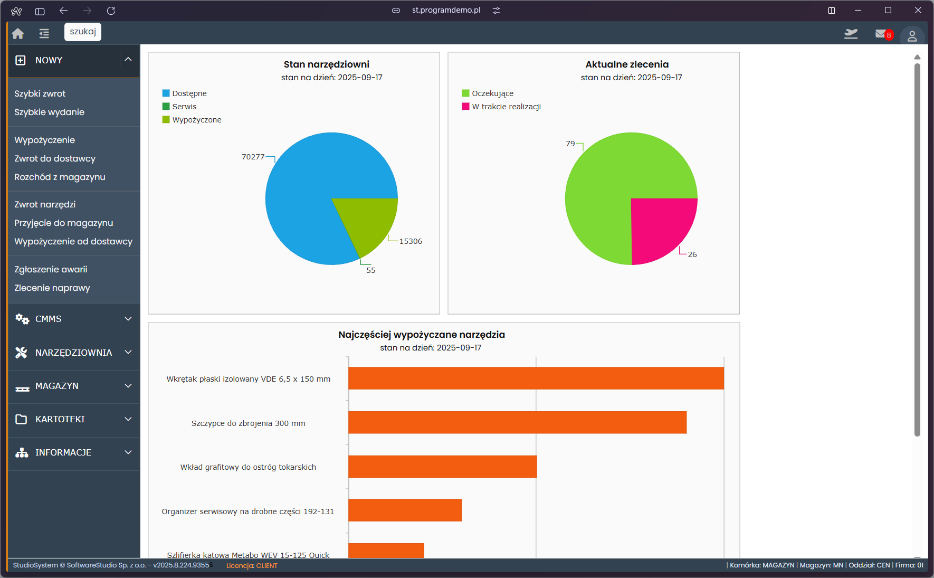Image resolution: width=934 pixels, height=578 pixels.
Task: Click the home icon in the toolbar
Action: tap(18, 34)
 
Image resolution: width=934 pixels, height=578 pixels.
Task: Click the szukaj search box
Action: tap(83, 32)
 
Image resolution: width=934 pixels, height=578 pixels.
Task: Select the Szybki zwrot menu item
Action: tap(40, 93)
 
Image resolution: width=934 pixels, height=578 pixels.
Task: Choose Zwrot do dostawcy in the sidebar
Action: tap(55, 158)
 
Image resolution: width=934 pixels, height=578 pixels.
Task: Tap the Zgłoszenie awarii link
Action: tap(51, 269)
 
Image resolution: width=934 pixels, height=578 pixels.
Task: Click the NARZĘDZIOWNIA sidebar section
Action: tap(73, 353)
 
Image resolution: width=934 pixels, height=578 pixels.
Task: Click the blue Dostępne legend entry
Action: tap(189, 93)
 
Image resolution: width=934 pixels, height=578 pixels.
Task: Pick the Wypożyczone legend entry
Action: tap(196, 120)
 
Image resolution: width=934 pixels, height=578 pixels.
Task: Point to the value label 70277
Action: tap(253, 157)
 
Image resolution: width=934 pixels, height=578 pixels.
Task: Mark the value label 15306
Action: tap(411, 241)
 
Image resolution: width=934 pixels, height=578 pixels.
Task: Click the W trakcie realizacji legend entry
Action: tap(506, 107)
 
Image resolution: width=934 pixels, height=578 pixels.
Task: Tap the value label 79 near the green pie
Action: tap(570, 144)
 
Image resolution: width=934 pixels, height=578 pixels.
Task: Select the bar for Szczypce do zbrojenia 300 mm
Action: tap(517, 422)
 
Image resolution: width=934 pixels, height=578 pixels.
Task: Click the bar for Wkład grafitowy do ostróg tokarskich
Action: tap(442, 467)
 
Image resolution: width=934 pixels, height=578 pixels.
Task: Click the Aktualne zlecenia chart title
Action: tap(627, 64)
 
